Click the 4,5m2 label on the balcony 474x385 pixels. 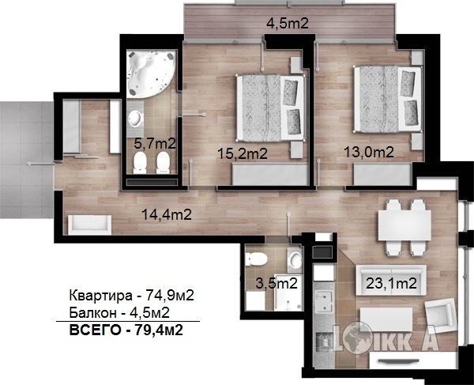coord(288,23)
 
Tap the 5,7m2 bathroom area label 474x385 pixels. coord(155,143)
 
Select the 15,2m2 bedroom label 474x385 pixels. coord(243,154)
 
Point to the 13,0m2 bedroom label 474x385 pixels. coord(369,152)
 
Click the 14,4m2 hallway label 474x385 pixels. coord(167,214)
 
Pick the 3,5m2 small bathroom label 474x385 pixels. coord(276,283)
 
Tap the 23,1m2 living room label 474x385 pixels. coord(392,283)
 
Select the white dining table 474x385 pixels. coord(404,225)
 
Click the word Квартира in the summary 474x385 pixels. coord(101,296)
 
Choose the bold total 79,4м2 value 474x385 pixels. coord(159,330)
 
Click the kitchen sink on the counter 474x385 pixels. coord(325,302)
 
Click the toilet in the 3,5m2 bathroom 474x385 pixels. coord(257,259)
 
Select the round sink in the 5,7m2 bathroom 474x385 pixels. coord(135,119)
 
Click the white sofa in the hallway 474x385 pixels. coord(89,225)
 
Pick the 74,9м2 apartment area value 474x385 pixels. coord(170,296)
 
